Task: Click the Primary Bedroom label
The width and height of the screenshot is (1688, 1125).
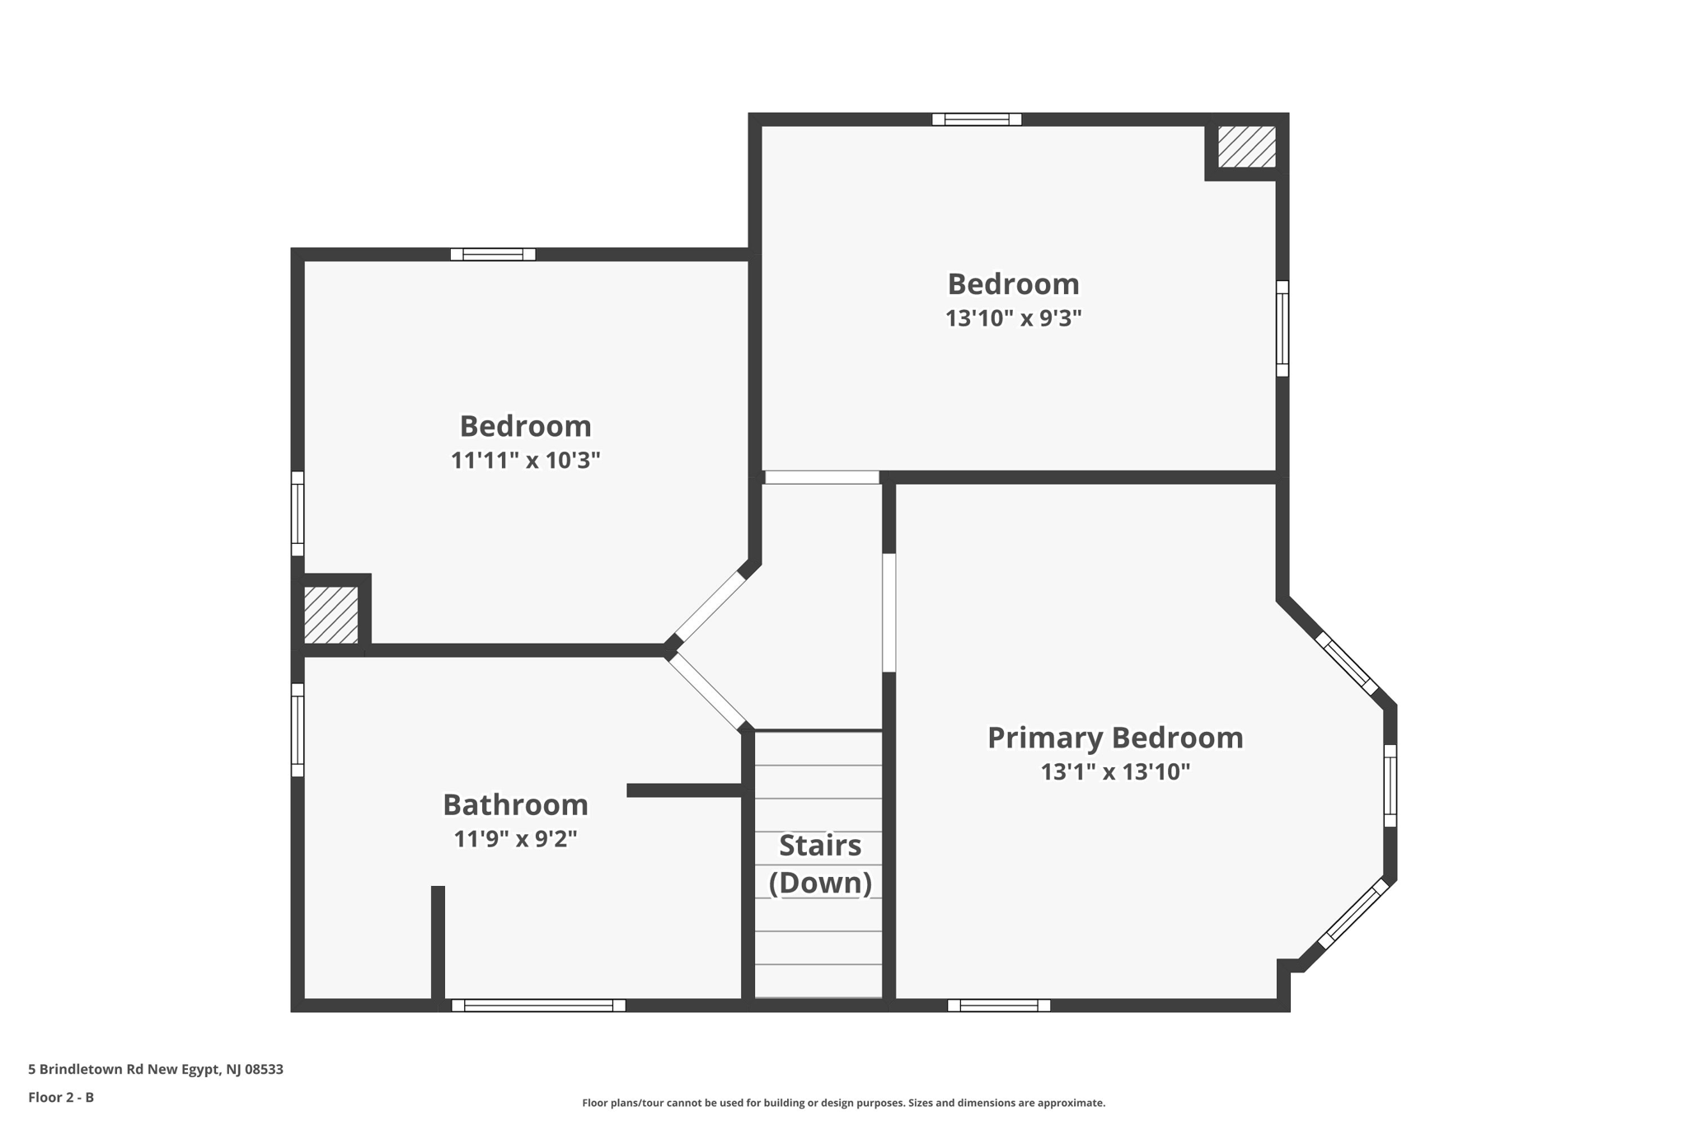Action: tap(1115, 738)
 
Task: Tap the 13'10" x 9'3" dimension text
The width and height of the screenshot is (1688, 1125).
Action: tap(1013, 318)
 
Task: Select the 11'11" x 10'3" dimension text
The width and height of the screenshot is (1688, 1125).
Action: tap(525, 460)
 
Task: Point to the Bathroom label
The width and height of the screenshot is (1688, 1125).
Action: tap(515, 804)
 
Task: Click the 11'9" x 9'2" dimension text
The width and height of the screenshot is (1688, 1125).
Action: tap(515, 839)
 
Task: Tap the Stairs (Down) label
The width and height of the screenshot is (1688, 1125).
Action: tap(820, 864)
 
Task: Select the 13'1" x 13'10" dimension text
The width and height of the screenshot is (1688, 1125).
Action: tap(1115, 772)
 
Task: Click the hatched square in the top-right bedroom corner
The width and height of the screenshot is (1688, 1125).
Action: tap(1246, 147)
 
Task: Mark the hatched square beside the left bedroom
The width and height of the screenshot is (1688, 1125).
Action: tap(331, 615)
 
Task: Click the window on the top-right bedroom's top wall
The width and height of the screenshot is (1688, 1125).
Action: tap(977, 120)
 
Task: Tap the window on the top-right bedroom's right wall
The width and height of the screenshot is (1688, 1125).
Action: tap(1282, 329)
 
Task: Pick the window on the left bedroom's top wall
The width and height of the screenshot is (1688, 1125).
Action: tap(493, 255)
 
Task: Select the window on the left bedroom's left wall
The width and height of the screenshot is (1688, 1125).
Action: tap(298, 513)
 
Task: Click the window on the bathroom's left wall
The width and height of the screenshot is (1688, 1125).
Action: tap(298, 729)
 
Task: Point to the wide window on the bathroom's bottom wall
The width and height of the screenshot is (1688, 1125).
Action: tap(538, 1005)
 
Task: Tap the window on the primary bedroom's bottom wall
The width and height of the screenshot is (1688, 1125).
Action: tap(999, 1005)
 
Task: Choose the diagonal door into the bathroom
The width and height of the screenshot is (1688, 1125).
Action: tap(707, 691)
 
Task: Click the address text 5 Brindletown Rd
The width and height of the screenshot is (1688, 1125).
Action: tap(156, 1069)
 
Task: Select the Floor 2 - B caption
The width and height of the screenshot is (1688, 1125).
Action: tap(61, 1097)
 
